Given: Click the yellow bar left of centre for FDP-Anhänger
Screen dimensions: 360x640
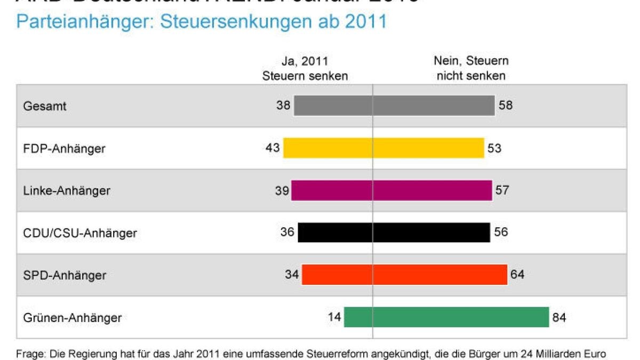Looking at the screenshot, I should (327, 148).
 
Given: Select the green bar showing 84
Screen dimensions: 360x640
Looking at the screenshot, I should (461, 317).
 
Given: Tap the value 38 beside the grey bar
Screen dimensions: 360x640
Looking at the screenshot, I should (283, 106).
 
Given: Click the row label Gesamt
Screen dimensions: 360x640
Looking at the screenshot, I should (45, 106).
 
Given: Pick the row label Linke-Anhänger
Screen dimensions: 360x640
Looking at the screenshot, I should (67, 190).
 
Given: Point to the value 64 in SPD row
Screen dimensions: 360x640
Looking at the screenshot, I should (517, 275).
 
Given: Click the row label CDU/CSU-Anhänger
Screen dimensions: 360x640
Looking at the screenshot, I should (80, 233).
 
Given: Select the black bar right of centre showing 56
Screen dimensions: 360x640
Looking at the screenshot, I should (431, 233).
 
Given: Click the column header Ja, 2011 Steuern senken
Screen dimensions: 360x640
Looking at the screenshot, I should (305, 68).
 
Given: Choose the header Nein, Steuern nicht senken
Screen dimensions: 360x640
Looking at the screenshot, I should (471, 68).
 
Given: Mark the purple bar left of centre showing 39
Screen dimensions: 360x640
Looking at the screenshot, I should (332, 190).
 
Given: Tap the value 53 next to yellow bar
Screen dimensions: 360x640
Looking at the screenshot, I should (494, 148).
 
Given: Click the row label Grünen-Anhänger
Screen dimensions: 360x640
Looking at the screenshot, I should (73, 318).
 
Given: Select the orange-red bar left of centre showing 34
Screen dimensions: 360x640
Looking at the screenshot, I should (337, 275).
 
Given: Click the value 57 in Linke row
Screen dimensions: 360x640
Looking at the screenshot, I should (502, 190).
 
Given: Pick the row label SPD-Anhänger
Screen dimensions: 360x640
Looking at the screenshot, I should (65, 276).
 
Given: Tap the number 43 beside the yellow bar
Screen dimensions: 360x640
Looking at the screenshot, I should (273, 148).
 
